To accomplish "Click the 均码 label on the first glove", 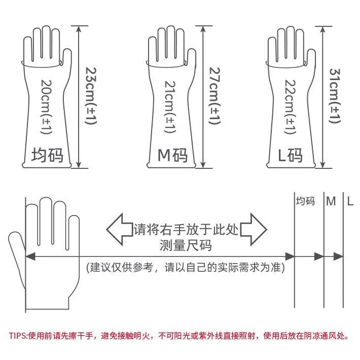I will [x=48, y=155].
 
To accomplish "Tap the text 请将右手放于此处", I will [x=186, y=229].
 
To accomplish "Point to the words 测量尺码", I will [x=186, y=246].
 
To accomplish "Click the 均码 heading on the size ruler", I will [x=305, y=201].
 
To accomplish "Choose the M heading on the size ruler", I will [x=331, y=201].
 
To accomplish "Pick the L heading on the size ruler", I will [x=350, y=201].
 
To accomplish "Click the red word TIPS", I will [x=18, y=335].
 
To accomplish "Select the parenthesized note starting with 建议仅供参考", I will [x=186, y=267].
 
